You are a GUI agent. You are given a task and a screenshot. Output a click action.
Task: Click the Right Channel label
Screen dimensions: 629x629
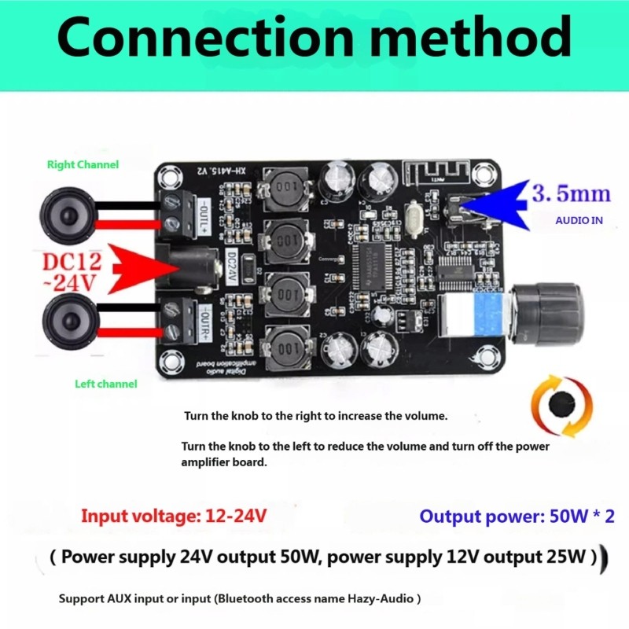pyautogui.click(x=83, y=164)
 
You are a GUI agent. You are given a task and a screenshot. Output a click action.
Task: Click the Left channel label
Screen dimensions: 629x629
pyautogui.click(x=105, y=384)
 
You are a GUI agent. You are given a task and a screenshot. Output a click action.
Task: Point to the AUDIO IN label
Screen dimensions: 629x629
pyautogui.click(x=579, y=221)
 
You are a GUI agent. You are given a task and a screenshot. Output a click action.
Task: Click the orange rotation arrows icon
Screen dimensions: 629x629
pyautogui.click(x=561, y=406)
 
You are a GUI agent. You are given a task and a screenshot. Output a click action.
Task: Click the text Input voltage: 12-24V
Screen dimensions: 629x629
pyautogui.click(x=174, y=516)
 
